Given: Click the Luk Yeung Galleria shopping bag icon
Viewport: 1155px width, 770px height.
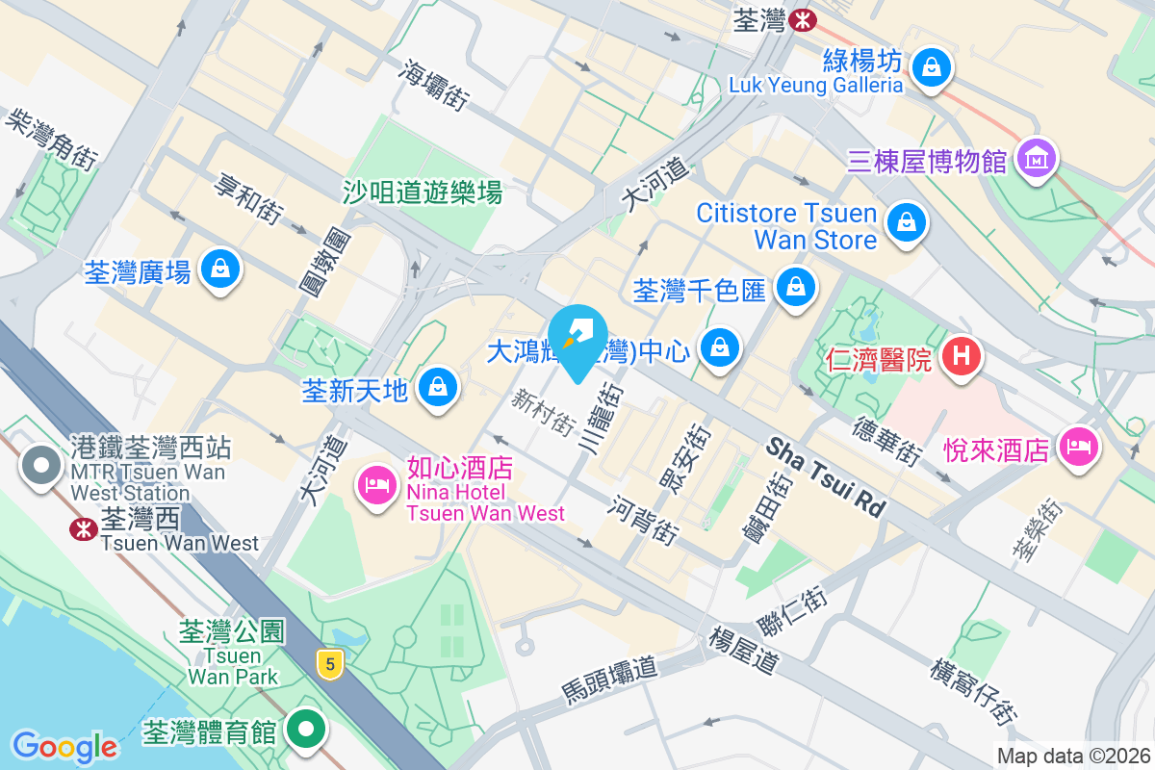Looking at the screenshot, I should click(932, 68).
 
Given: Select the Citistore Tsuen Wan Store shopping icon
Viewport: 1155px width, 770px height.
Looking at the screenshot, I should click(906, 222).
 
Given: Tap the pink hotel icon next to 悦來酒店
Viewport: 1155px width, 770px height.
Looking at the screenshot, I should click(1078, 448).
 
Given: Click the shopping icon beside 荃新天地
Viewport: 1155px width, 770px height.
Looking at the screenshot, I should click(439, 387).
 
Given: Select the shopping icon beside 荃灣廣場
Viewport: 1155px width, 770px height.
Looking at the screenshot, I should click(220, 269).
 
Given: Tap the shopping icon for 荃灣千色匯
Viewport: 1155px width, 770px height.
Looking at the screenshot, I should click(796, 286).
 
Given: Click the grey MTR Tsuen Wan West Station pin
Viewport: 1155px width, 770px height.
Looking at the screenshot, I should click(40, 467).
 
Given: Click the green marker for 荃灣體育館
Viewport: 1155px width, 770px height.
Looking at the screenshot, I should click(306, 729).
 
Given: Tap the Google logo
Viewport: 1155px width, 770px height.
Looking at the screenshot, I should click(64, 746).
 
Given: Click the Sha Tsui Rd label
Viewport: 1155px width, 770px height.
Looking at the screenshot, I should click(826, 478).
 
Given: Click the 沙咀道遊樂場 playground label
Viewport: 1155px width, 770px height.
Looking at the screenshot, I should click(423, 192).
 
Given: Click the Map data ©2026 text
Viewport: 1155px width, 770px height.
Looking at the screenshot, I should click(1073, 757).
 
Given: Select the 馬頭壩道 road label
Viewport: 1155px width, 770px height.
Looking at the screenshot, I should click(608, 680).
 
